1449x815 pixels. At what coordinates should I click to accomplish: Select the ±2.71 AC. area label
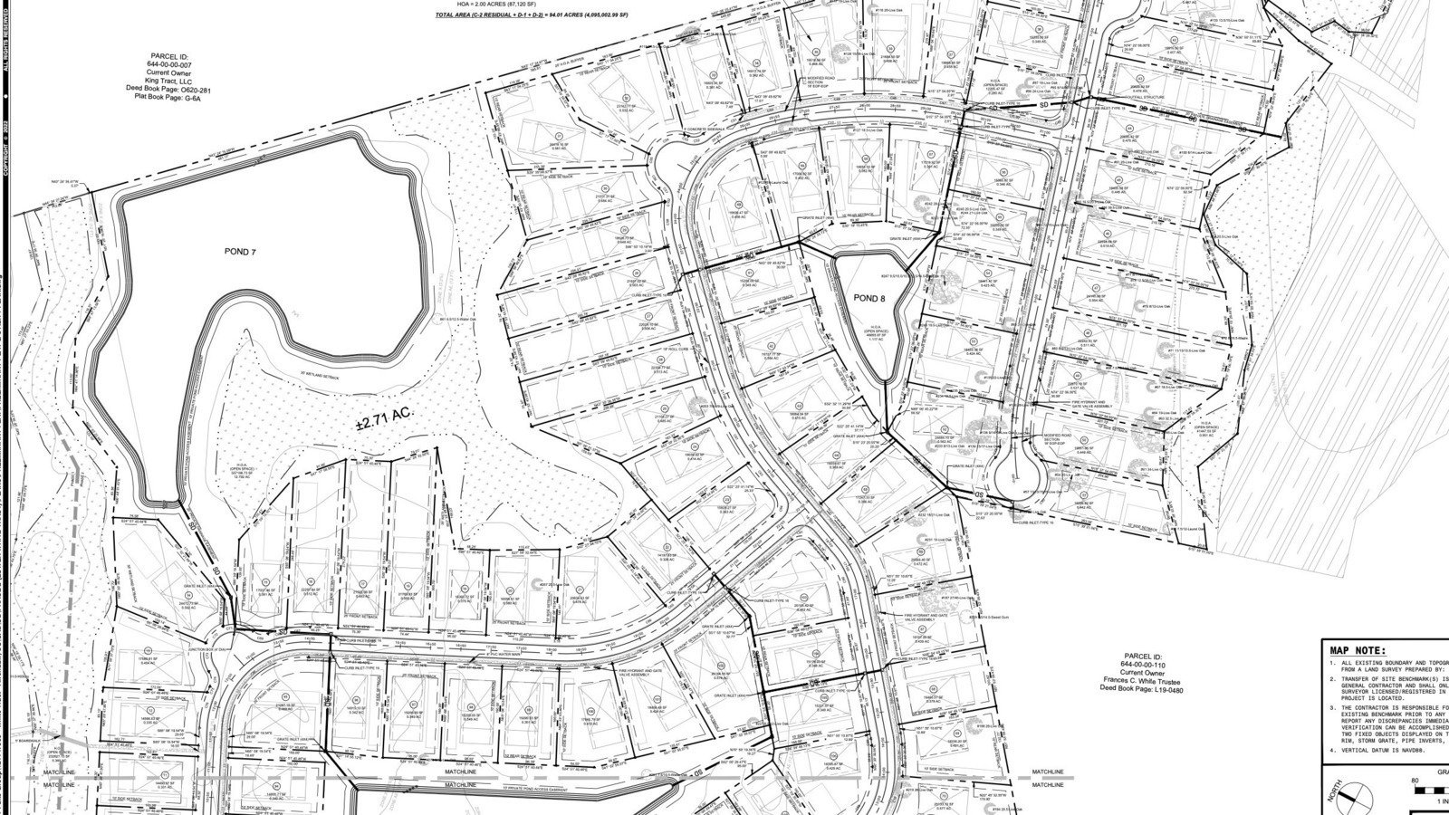(384, 413)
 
